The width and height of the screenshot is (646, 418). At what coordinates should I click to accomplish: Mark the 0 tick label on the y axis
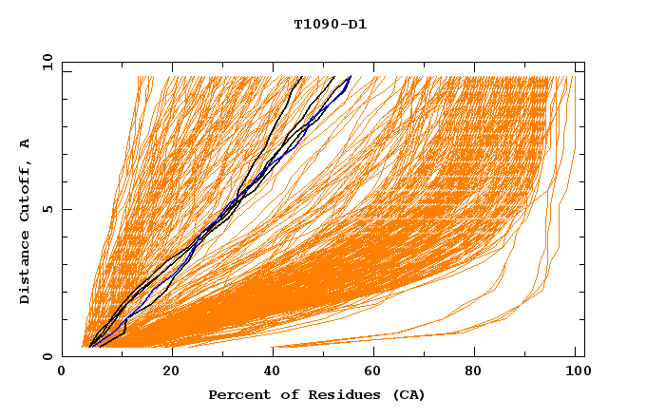[47, 357]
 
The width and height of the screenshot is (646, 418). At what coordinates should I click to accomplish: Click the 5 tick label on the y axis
[47, 210]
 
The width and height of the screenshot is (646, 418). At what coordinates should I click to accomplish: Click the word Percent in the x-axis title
[236, 394]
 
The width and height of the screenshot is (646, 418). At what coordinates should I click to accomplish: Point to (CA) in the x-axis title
[407, 394]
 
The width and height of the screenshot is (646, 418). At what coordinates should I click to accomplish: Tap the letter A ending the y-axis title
[26, 142]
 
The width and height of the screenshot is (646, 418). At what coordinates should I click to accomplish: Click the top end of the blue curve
[351, 77]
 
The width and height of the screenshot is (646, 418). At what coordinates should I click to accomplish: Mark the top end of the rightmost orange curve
[574, 77]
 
